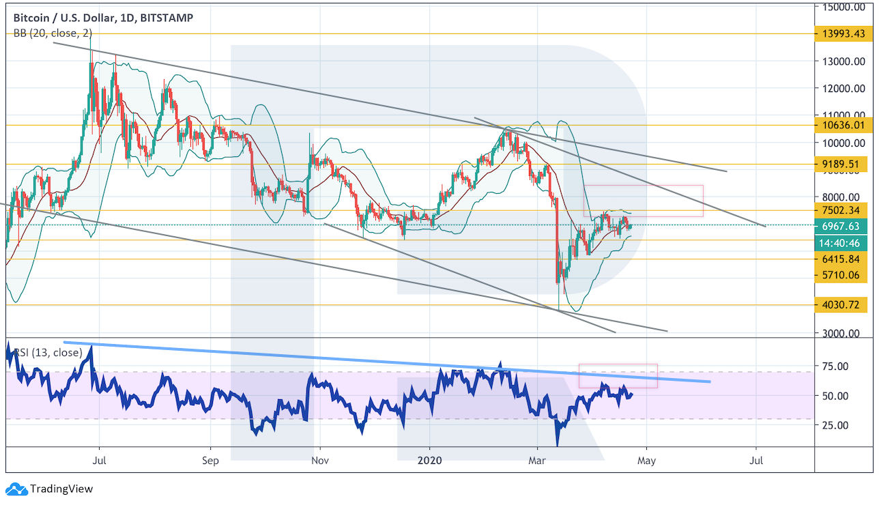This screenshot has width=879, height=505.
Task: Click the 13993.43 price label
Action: pyautogui.click(x=843, y=33)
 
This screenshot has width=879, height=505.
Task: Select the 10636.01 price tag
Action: pyautogui.click(x=843, y=125)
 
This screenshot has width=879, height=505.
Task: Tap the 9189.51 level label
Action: pyautogui.click(x=843, y=164)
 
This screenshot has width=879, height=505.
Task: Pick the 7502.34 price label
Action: pyautogui.click(x=843, y=210)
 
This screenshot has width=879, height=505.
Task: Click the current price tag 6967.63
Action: pyautogui.click(x=843, y=225)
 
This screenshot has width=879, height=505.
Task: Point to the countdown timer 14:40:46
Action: pyautogui.click(x=843, y=241)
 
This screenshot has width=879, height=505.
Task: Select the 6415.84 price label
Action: pyautogui.click(x=843, y=259)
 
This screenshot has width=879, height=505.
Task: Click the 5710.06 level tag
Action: pyautogui.click(x=843, y=276)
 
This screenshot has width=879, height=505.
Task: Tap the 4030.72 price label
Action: pyautogui.click(x=843, y=304)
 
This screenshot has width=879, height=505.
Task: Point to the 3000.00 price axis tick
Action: pyautogui.click(x=844, y=333)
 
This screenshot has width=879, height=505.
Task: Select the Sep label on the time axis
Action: pyautogui.click(x=211, y=461)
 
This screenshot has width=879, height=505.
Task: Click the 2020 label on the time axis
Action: pyautogui.click(x=430, y=461)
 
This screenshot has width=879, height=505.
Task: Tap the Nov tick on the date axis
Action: pyautogui.click(x=319, y=461)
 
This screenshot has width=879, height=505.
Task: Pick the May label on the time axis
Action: pyautogui.click(x=646, y=461)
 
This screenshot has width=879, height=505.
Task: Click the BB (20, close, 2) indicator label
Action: pyautogui.click(x=53, y=32)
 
